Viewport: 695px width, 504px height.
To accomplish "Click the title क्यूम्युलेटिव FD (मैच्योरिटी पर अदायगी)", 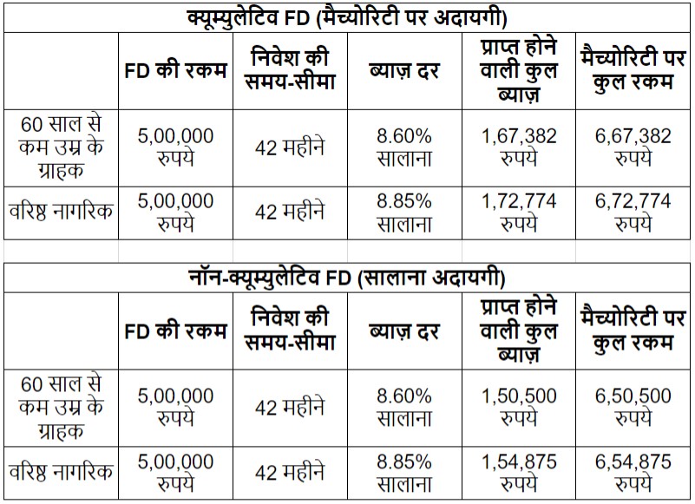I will click(347, 16).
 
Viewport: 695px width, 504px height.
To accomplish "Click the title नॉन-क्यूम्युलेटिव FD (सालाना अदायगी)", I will click(347, 278).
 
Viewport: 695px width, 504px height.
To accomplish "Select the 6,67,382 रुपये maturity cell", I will click(633, 147).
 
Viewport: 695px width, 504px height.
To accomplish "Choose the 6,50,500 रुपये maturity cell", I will click(633, 408).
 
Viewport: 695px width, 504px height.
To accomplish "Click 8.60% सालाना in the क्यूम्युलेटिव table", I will click(404, 147).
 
